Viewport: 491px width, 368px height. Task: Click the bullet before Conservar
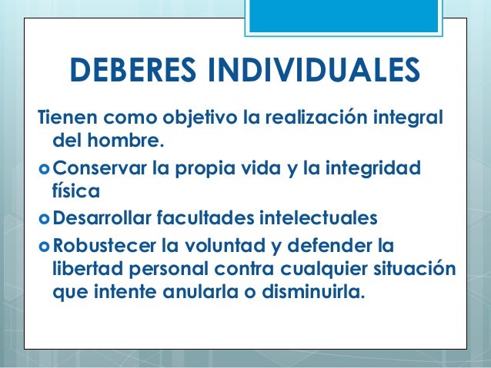[x=45, y=167]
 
